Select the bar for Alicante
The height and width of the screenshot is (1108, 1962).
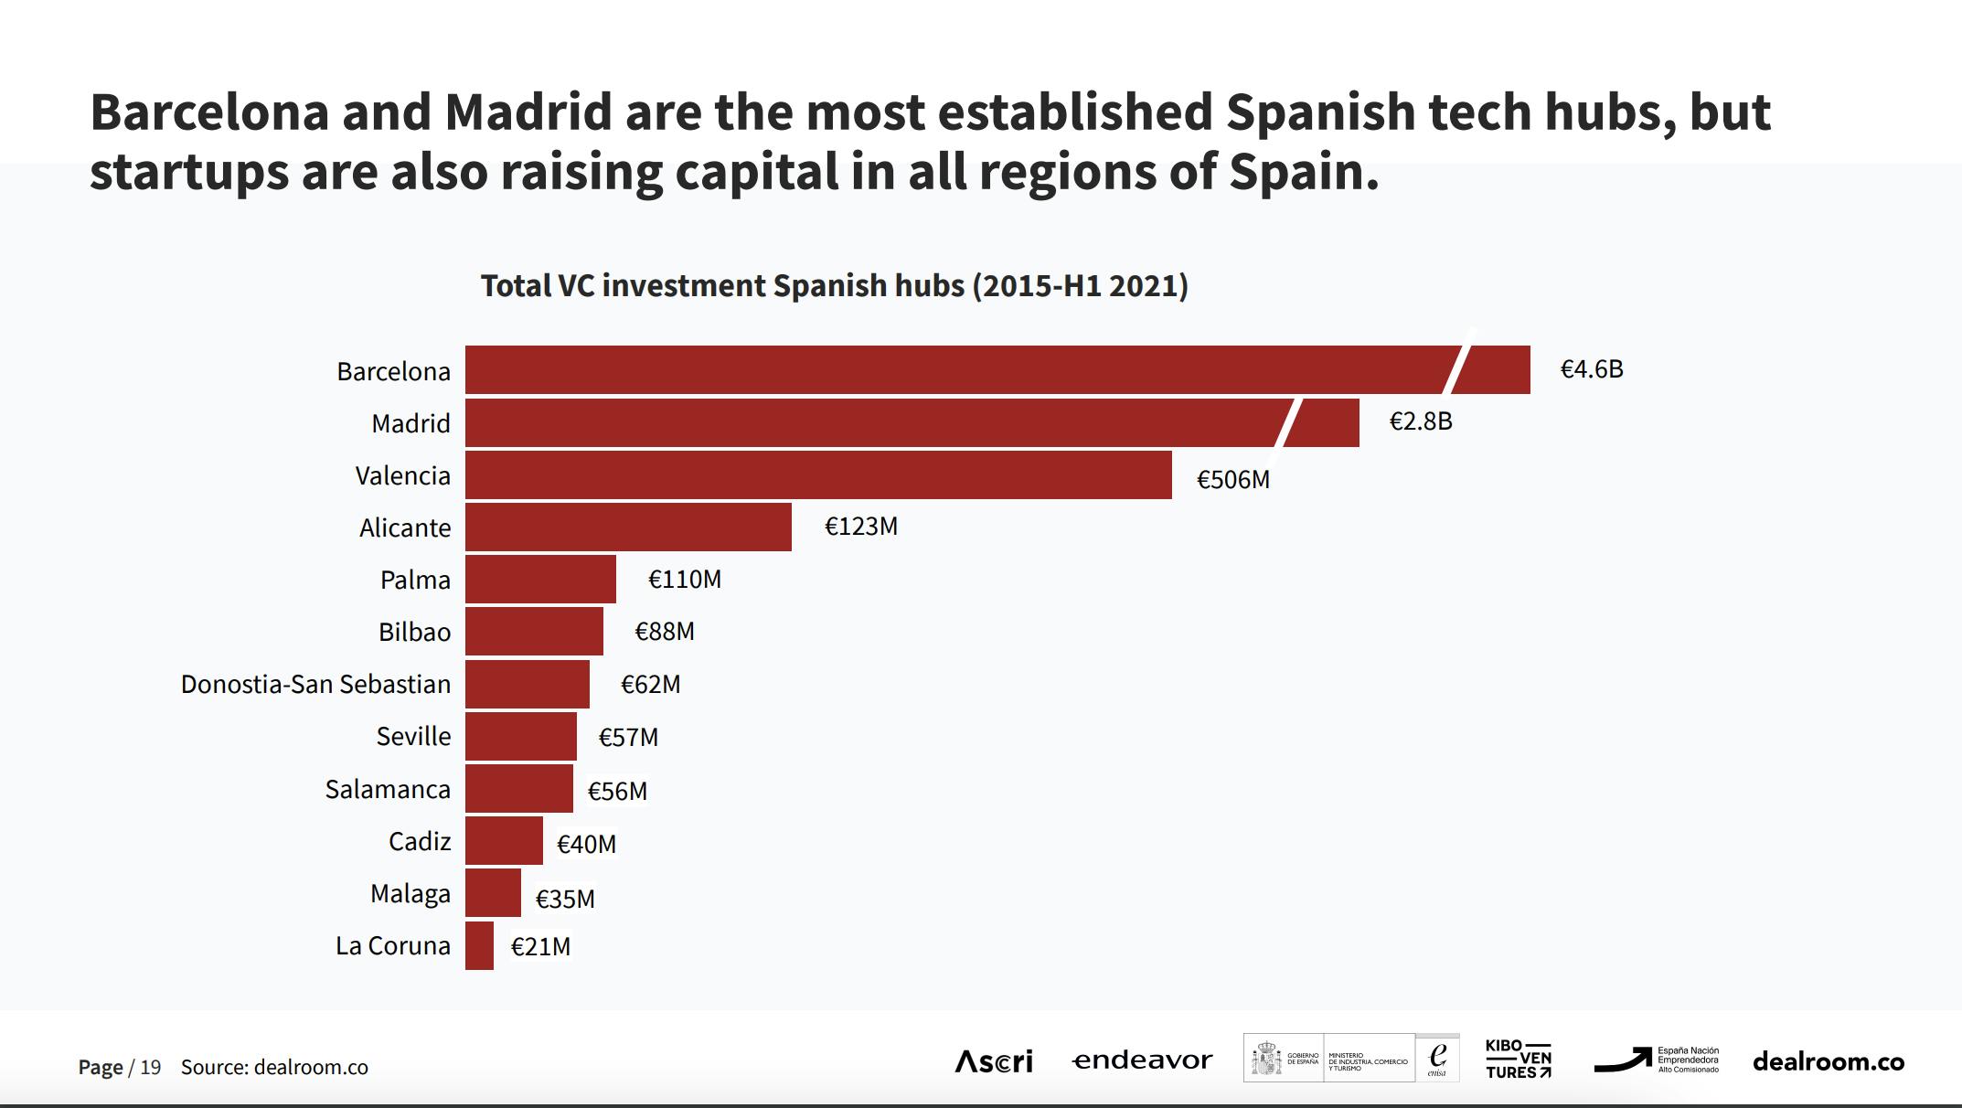628,527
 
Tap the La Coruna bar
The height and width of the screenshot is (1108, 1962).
479,946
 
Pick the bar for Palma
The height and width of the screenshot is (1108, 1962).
540,580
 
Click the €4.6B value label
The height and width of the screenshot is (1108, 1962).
1592,369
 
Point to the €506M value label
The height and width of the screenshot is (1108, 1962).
1233,480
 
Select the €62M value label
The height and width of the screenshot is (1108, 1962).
650,685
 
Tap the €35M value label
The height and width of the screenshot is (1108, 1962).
565,900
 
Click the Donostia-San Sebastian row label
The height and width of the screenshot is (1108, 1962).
315,685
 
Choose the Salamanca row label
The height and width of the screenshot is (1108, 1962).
388,790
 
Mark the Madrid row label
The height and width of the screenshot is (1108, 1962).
411,424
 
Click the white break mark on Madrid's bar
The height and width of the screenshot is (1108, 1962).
1288,422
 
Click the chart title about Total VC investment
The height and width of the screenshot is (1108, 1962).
834,286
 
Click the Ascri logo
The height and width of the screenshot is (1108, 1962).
994,1061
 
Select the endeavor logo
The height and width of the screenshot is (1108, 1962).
1142,1060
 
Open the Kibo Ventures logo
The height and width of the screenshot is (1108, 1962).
1519,1060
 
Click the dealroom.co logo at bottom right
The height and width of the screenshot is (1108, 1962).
1828,1062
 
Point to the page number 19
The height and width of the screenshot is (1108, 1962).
150,1068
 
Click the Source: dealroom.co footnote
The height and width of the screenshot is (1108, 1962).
274,1068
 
